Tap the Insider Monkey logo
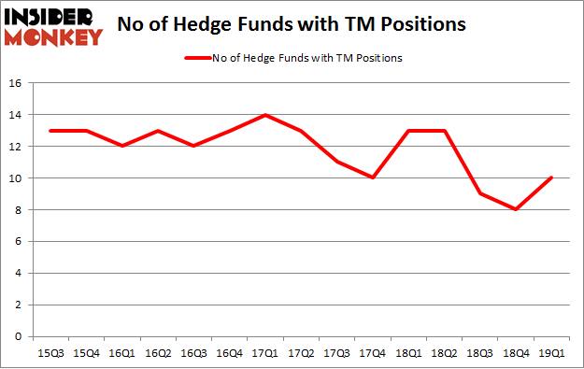coord(52,25)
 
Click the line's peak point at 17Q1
coord(267,115)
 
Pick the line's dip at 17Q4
coord(372,178)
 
